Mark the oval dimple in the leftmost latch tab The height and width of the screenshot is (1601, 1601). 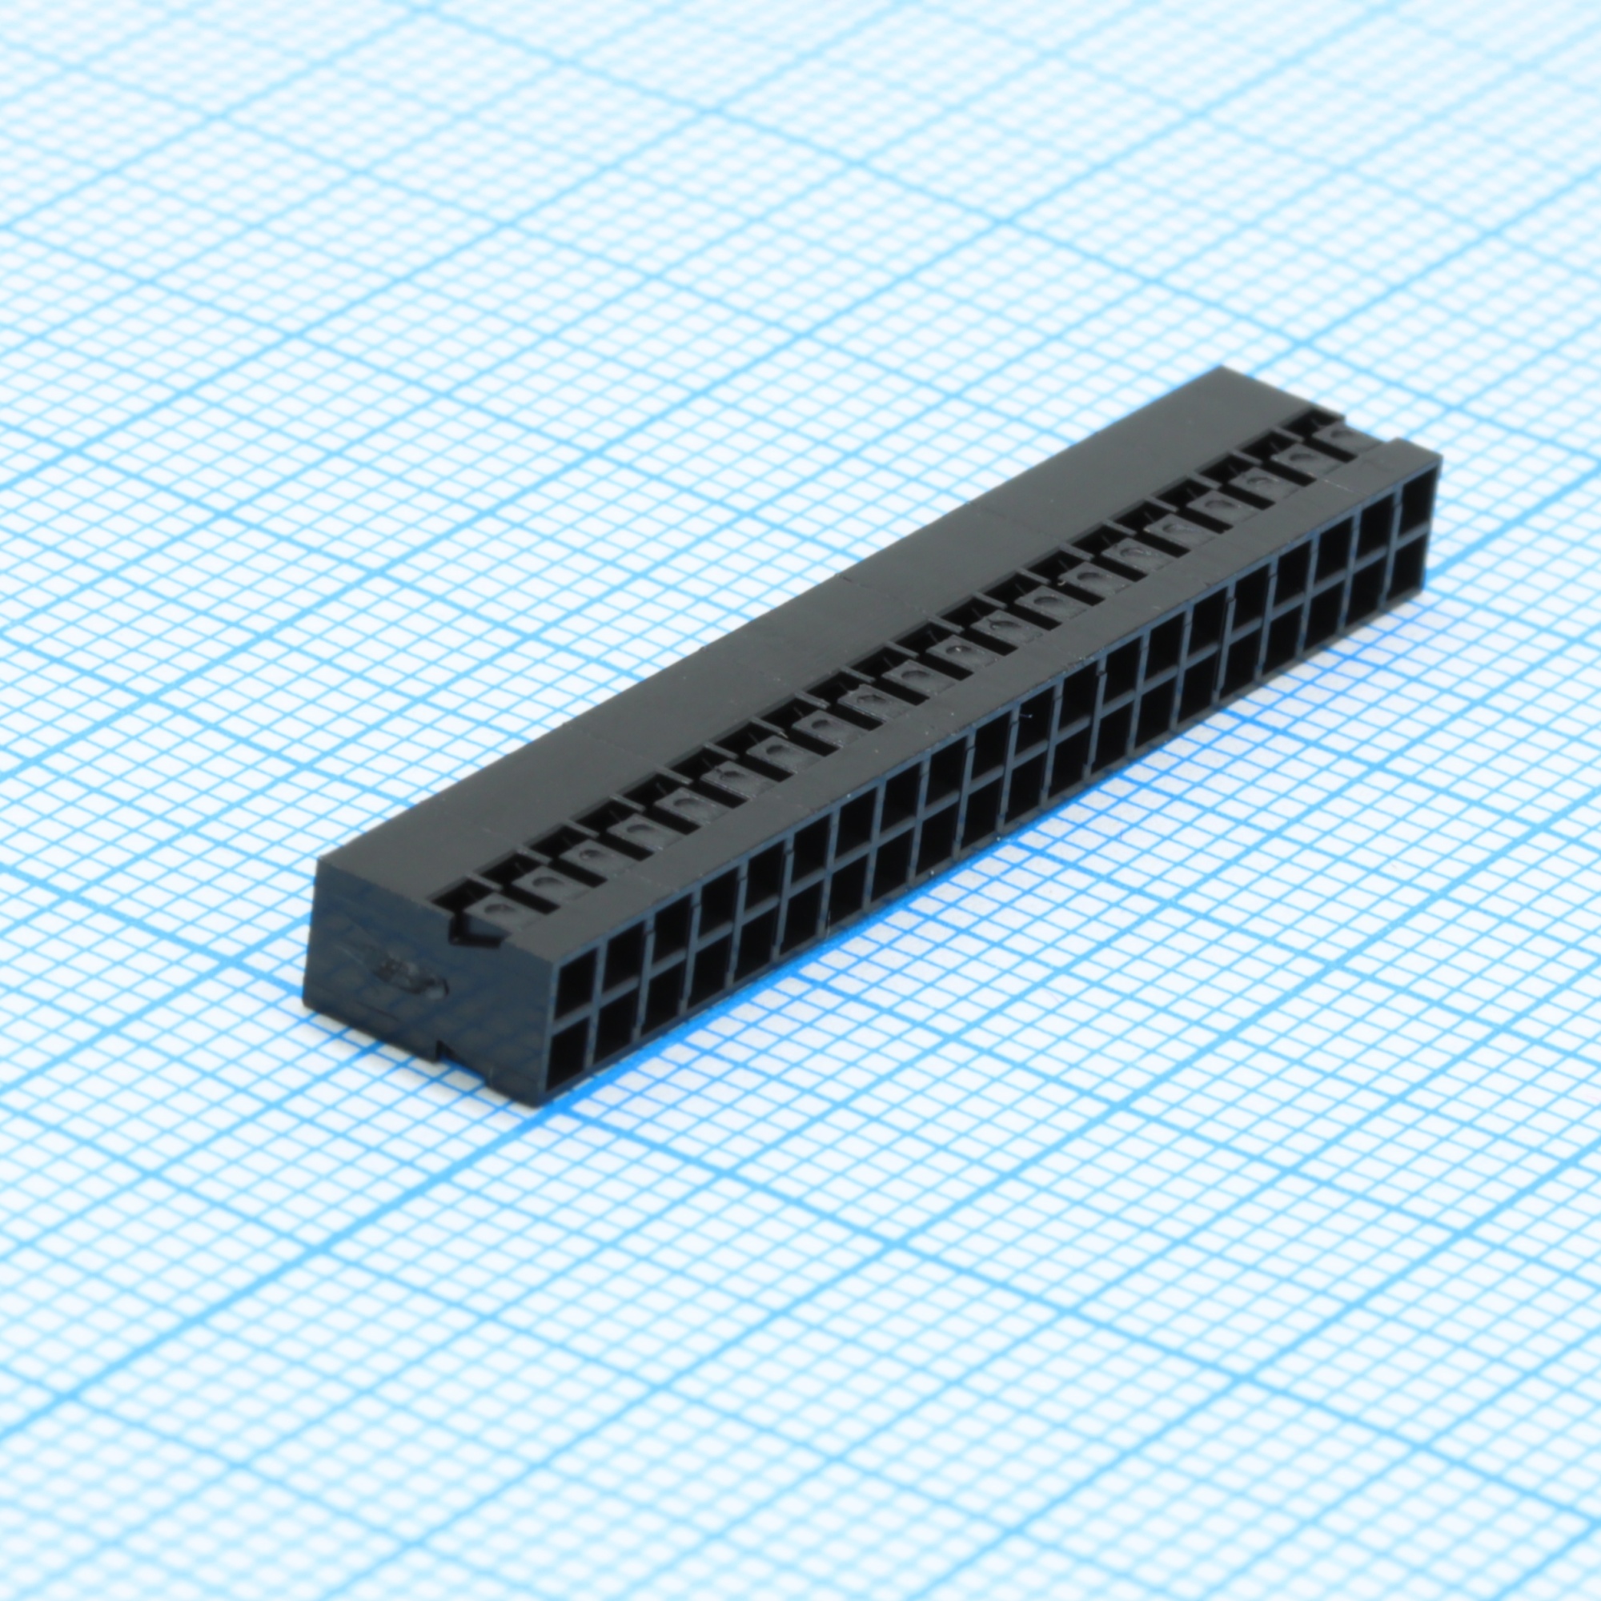pyautogui.click(x=498, y=910)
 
